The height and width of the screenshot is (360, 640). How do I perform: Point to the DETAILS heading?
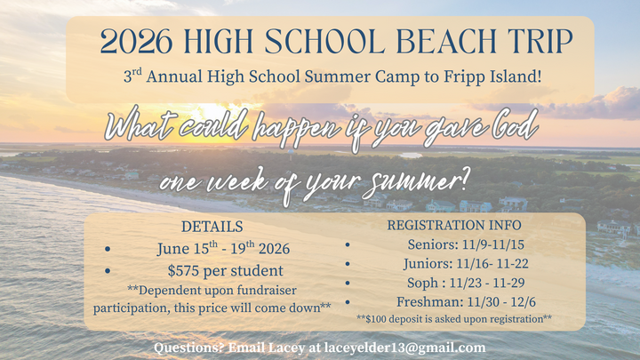click(x=212, y=227)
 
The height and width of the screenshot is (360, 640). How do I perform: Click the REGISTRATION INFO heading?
click(x=454, y=225)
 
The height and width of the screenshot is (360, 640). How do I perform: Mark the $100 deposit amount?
click(x=378, y=318)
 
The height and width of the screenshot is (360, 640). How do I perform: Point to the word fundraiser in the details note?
click(x=268, y=290)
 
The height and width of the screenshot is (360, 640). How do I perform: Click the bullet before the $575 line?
click(x=108, y=271)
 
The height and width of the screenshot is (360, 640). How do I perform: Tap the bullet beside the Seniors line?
click(x=348, y=244)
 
